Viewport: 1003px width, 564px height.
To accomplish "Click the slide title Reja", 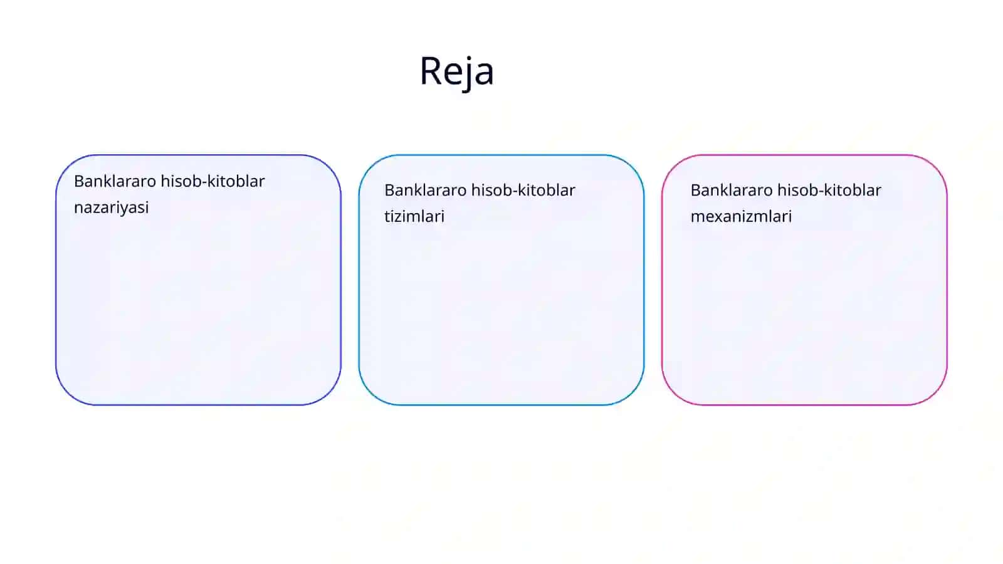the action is (457, 71).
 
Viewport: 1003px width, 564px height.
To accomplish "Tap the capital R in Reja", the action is (431, 70).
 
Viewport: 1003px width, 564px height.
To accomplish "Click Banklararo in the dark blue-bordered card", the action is (115, 181).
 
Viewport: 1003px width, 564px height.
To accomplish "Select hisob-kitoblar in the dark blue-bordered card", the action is (213, 181).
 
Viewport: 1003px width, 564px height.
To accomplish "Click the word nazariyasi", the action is (111, 207).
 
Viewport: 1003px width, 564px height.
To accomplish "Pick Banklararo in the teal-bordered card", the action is (426, 191).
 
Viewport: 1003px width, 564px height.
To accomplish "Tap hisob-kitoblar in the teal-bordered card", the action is (523, 191).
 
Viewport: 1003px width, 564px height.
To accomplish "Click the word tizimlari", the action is (414, 217).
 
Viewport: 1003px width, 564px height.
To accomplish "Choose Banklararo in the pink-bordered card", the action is (732, 191).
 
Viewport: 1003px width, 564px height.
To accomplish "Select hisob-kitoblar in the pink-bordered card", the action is (829, 191).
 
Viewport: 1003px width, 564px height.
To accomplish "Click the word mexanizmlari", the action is (741, 217).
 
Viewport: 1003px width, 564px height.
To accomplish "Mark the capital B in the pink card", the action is (696, 191).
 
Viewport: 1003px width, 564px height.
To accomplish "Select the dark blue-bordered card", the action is (198, 280).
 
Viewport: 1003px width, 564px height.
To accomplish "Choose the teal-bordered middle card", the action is (501, 280).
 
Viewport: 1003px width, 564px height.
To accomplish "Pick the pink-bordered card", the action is (805, 280).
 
